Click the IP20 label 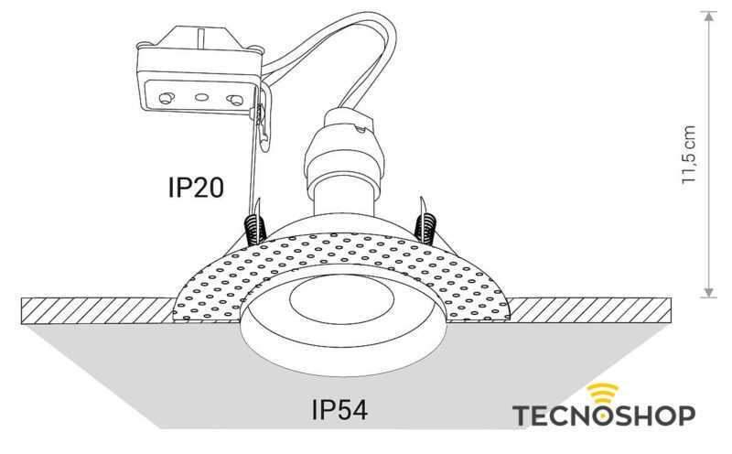[x=195, y=187]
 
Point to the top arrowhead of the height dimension [x=707, y=16]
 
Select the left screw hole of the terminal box [x=167, y=97]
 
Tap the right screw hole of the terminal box [x=236, y=99]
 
